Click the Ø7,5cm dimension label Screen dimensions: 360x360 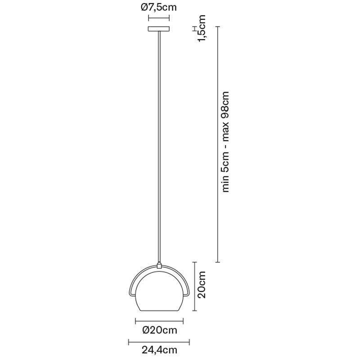pyautogui.click(x=159, y=7)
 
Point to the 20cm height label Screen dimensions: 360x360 pyautogui.click(x=202, y=284)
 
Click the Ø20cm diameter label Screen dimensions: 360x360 pyautogui.click(x=160, y=330)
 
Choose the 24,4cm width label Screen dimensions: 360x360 pyautogui.click(x=159, y=350)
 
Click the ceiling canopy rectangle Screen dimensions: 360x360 pyautogui.click(x=159, y=29)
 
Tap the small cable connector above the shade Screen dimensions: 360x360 pyautogui.click(x=159, y=265)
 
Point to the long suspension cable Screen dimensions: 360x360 pyautogui.click(x=159, y=147)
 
